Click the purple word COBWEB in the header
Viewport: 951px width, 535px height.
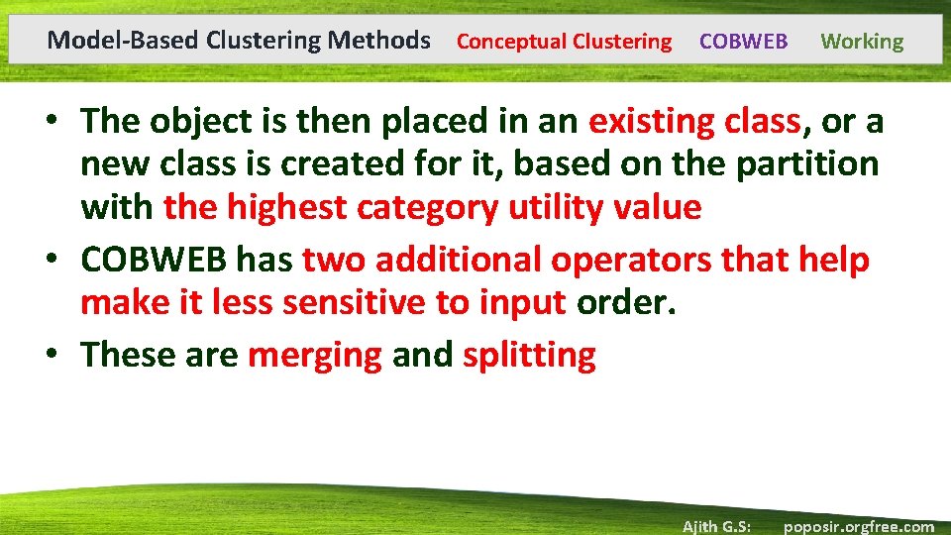[x=743, y=42]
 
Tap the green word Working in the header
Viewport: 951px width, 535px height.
[x=862, y=42]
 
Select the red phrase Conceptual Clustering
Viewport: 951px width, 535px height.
[x=564, y=42]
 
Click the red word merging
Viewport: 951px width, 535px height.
[x=314, y=355]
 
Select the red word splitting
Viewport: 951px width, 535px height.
[x=529, y=355]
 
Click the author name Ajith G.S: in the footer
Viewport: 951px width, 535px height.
[x=715, y=526]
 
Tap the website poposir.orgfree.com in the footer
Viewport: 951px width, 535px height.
[x=858, y=526]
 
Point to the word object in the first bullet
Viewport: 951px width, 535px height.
[x=203, y=121]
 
